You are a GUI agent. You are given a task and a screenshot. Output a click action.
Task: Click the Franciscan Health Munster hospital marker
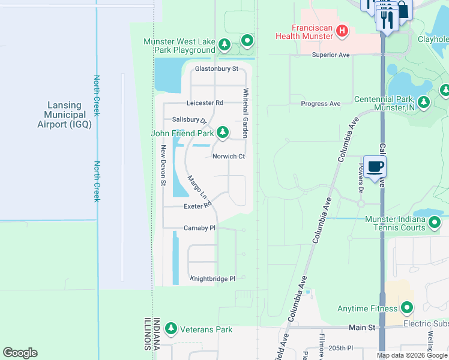pyautogui.click(x=342, y=31)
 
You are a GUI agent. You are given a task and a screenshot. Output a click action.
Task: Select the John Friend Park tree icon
pyautogui.click(x=223, y=131)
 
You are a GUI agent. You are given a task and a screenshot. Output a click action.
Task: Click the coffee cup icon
pyautogui.click(x=375, y=167)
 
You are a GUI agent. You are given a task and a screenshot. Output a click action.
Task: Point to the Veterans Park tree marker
pyautogui.click(x=172, y=329)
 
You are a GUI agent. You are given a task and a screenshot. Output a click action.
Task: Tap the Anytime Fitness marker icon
pyautogui.click(x=407, y=309)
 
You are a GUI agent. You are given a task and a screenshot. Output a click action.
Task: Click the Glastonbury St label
pyautogui.click(x=216, y=69)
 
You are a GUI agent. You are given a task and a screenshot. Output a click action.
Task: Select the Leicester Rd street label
pyautogui.click(x=205, y=103)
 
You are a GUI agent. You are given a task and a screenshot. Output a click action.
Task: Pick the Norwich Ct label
pyautogui.click(x=229, y=157)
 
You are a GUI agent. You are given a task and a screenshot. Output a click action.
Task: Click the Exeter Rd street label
pyautogui.click(x=198, y=206)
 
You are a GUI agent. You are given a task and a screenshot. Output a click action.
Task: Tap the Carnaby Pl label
pyautogui.click(x=199, y=229)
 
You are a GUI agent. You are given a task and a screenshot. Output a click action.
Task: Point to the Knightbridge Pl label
pyautogui.click(x=212, y=279)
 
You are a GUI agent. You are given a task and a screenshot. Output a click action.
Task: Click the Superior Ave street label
pyautogui.click(x=331, y=55)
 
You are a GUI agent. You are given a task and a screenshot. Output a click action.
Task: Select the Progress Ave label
pyautogui.click(x=321, y=104)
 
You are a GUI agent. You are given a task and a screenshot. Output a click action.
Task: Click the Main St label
pyautogui.click(x=362, y=328)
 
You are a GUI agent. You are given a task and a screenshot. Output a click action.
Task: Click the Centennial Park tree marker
pyautogui.click(x=424, y=102)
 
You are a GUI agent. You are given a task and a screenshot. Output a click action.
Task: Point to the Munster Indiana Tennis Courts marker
pyautogui.click(x=435, y=223)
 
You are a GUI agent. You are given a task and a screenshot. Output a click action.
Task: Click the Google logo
pyautogui.click(x=20, y=353)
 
